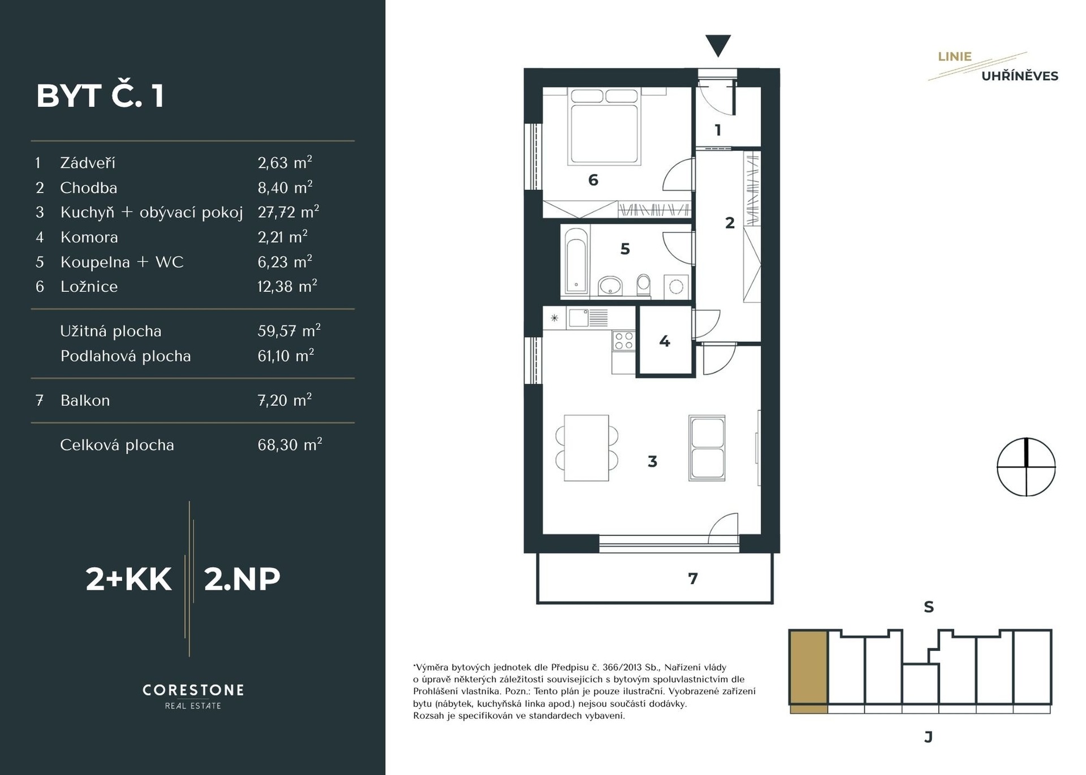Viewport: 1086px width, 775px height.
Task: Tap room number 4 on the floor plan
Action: click(665, 341)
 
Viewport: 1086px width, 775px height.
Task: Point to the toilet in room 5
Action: click(644, 285)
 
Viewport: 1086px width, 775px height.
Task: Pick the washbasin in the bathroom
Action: click(610, 286)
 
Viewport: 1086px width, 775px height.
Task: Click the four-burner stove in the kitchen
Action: click(624, 341)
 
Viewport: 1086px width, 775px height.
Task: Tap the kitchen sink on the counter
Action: click(579, 318)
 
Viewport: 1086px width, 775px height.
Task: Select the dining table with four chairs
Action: click(587, 448)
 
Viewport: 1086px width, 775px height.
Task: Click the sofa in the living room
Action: click(707, 448)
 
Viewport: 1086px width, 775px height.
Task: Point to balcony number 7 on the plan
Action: click(693, 578)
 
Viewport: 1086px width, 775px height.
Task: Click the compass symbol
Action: click(1026, 467)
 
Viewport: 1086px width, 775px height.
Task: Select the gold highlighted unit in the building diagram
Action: click(808, 671)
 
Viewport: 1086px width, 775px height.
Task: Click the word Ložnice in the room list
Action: click(89, 287)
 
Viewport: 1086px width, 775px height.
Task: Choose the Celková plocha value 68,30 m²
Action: click(290, 444)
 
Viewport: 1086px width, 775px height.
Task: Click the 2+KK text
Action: click(128, 579)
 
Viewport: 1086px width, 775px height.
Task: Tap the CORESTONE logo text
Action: click(193, 690)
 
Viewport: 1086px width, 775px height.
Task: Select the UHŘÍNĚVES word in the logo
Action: click(1020, 75)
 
